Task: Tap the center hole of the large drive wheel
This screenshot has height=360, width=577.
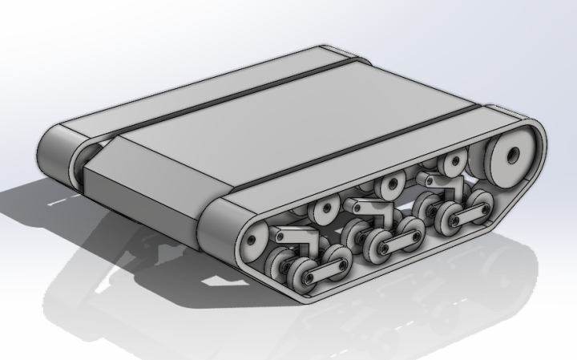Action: (x=510, y=155)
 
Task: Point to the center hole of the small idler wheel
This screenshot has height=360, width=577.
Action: (x=253, y=237)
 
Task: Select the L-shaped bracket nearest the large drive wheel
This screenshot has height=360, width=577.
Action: (x=440, y=184)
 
